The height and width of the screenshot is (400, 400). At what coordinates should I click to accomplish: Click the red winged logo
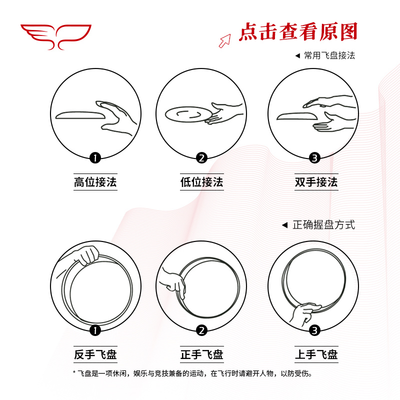55,36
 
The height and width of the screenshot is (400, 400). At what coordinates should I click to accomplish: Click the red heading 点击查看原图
298,31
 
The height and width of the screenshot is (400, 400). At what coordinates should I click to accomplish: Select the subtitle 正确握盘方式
323,225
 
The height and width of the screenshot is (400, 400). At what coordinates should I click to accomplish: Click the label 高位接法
95,182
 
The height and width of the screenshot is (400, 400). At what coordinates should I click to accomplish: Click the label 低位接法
201,182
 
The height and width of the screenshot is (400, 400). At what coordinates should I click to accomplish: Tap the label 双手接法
315,182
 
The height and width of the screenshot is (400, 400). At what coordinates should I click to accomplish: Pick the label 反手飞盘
95,355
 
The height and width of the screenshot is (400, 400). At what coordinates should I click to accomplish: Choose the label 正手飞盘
201,355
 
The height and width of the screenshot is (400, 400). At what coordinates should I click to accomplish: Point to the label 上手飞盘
315,355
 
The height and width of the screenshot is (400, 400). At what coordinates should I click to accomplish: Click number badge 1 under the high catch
95,158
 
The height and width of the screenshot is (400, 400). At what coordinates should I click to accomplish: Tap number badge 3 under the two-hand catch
314,158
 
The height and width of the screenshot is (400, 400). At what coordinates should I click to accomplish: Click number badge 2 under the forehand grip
201,330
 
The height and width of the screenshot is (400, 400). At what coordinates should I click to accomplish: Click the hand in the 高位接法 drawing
117,116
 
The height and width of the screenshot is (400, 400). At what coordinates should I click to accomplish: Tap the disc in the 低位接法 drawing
185,114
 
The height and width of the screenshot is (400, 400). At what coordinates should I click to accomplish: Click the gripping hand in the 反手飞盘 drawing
86,255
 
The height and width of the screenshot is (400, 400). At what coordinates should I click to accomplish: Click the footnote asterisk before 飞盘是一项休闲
74,373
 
